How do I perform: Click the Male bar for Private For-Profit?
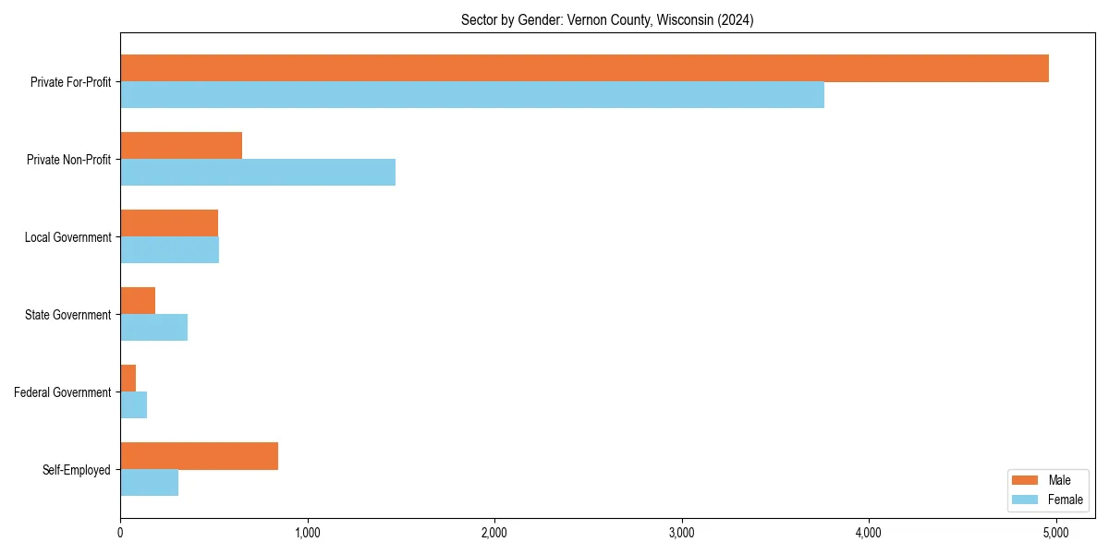point(584,68)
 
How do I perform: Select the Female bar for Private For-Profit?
point(472,95)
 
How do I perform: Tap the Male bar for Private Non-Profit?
point(181,146)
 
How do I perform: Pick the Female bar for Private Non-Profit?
point(258,173)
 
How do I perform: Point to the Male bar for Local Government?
point(169,223)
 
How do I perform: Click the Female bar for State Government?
point(153,328)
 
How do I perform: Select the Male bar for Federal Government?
point(128,379)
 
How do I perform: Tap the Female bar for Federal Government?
point(134,405)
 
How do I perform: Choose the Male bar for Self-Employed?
point(199,456)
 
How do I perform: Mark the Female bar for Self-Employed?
point(149,483)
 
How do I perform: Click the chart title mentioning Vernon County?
point(607,20)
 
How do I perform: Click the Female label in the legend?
point(1065,500)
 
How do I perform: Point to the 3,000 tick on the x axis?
point(681,533)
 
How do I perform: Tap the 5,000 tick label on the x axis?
point(1055,533)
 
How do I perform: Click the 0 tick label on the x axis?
point(120,533)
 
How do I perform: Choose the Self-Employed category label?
point(77,470)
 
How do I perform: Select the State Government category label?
point(68,315)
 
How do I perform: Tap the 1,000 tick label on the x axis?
point(307,533)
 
